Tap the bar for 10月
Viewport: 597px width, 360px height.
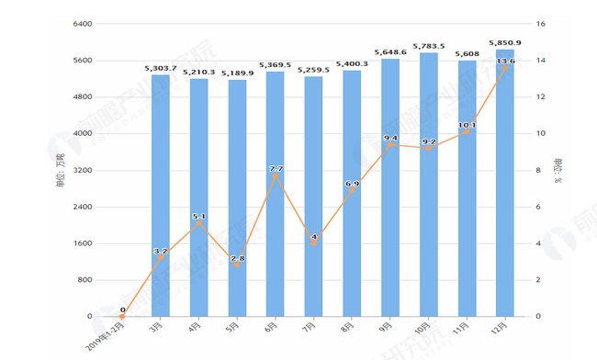[429, 185]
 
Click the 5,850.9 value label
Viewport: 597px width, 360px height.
[507, 42]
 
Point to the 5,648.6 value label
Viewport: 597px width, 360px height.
[390, 51]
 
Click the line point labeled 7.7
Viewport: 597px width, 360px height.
[276, 175]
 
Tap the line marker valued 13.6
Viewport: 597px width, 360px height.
[505, 67]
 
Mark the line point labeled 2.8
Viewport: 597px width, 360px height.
[237, 265]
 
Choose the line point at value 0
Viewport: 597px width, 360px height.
[122, 316]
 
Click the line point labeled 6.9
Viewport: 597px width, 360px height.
[352, 190]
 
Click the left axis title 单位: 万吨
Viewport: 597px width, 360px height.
[61, 170]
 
